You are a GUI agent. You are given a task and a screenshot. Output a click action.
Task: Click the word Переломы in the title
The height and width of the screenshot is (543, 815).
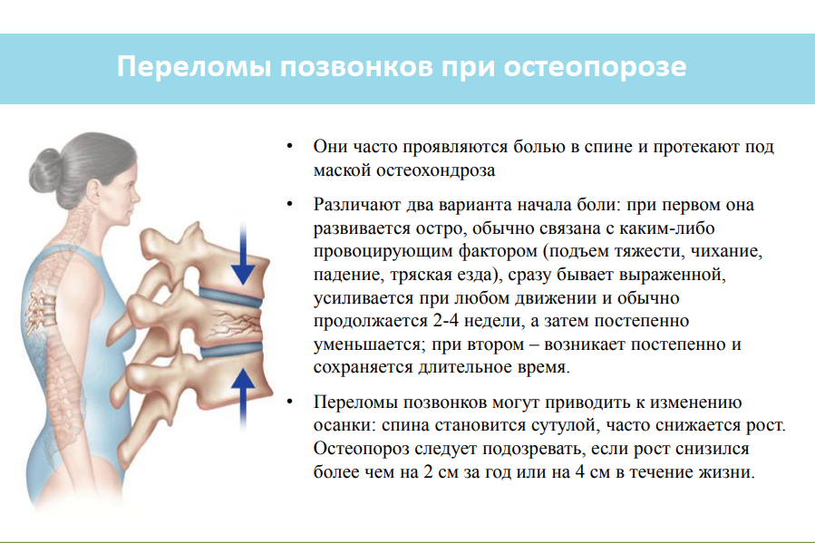[194, 67]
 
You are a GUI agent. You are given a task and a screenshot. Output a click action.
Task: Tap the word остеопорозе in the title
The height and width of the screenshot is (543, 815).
[595, 67]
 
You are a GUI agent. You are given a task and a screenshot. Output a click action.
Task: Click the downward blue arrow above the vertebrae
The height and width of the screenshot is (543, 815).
[243, 254]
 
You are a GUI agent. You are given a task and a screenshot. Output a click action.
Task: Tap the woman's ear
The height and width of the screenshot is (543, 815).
[93, 191]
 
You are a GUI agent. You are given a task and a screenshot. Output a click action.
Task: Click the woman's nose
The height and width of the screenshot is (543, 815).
[136, 196]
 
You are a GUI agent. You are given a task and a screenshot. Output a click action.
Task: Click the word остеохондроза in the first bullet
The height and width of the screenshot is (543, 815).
[435, 170]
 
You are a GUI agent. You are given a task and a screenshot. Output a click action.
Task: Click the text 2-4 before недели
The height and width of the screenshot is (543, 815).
[445, 321]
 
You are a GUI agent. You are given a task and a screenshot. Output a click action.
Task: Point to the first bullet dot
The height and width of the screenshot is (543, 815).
[290, 147]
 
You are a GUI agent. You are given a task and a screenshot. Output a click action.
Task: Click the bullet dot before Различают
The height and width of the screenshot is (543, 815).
[290, 204]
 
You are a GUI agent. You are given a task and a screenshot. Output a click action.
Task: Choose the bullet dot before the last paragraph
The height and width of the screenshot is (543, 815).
[290, 402]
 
